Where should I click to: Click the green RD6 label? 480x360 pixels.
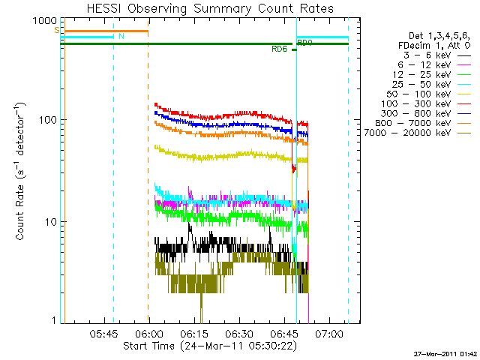(280, 49)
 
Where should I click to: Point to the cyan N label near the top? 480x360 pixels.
(122, 36)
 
